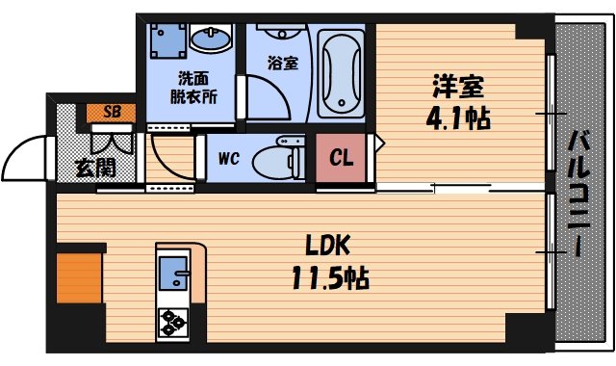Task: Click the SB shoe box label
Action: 111,113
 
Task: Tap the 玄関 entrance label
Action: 95,167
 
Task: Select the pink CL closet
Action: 341,157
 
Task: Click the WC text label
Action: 228,157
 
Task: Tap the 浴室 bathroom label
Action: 282,64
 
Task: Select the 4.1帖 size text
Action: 460,118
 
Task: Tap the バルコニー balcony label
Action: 580,193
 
